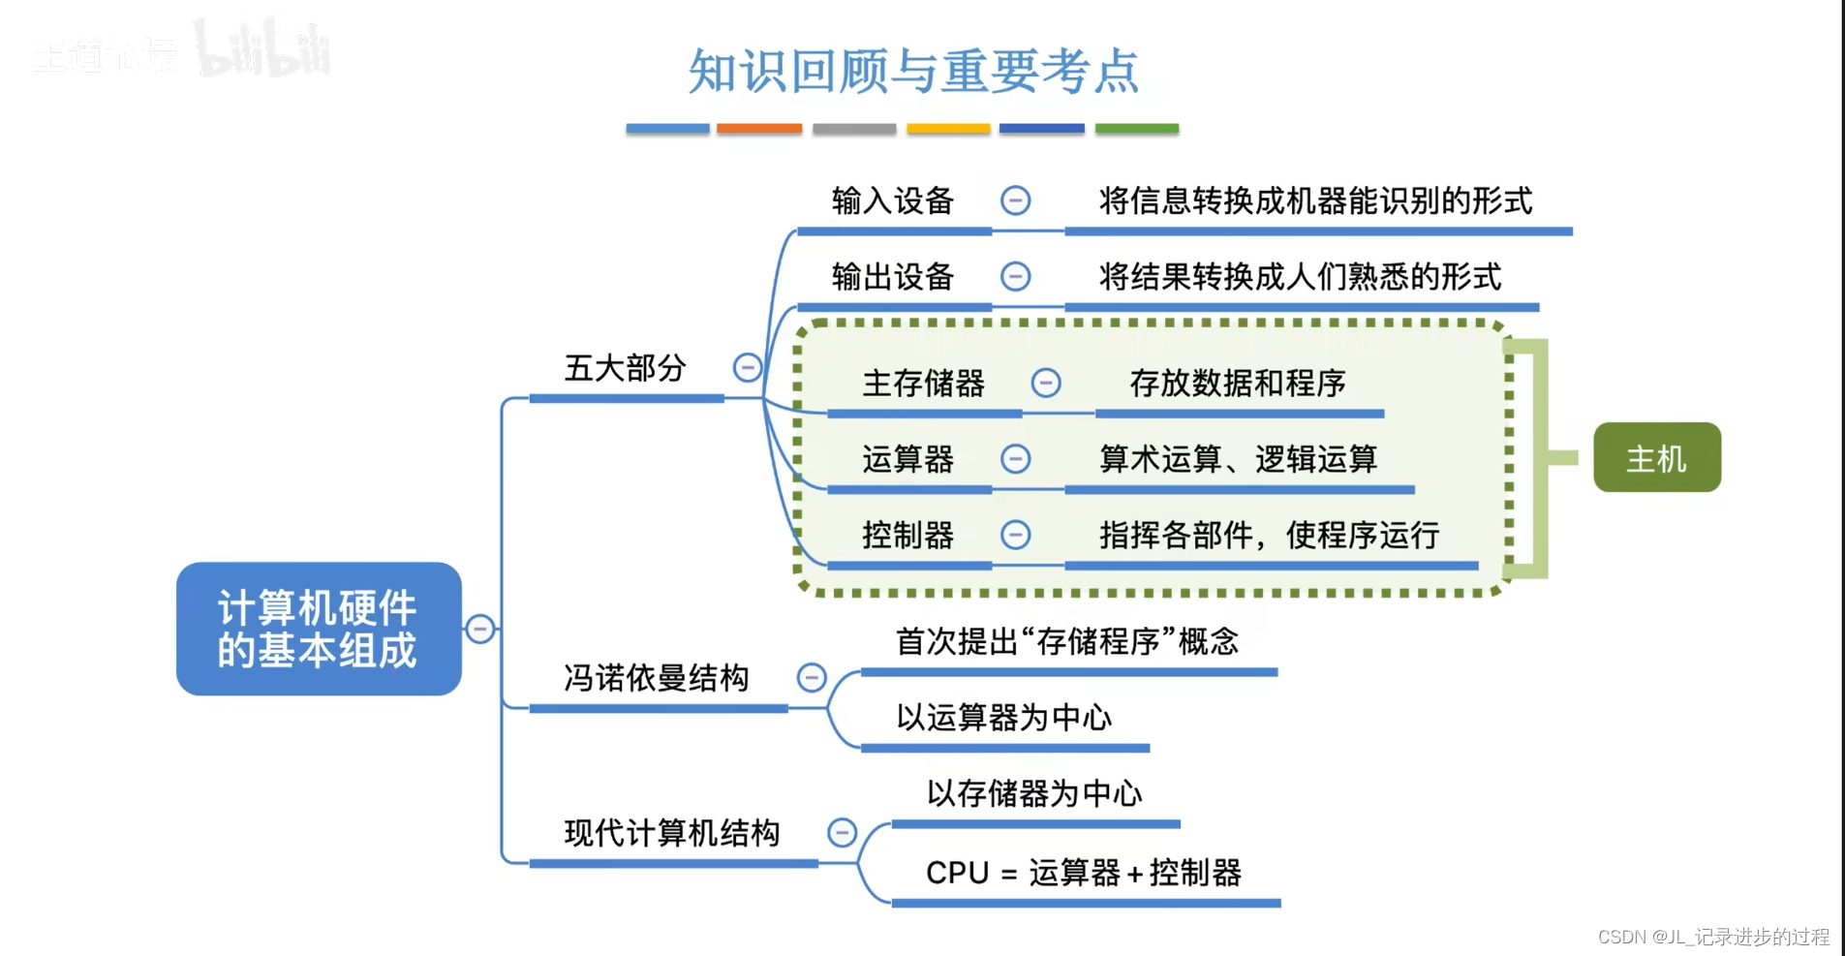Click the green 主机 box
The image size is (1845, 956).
tap(1656, 457)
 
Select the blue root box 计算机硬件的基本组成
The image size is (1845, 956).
tap(318, 629)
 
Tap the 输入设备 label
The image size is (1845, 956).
tap(892, 200)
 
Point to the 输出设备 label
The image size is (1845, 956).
tap(892, 277)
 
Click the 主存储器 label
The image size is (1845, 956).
tap(923, 384)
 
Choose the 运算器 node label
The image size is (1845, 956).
tap(907, 459)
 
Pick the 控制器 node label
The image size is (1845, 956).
tap(907, 535)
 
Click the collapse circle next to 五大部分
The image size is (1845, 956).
tap(747, 368)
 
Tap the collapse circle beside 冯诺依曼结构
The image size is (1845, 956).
tap(812, 677)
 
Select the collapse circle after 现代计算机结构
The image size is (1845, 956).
tap(842, 832)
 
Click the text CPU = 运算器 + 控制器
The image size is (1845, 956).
tap(1083, 873)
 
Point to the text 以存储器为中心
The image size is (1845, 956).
tap(1034, 793)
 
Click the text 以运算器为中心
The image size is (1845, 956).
tap(1003, 718)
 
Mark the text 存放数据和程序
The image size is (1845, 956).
tap(1237, 384)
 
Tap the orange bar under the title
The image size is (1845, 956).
tap(759, 128)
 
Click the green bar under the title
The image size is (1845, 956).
tap(1136, 128)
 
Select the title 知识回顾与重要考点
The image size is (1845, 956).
tap(913, 71)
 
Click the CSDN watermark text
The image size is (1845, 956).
tap(1712, 937)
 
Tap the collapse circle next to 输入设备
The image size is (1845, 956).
tap(1015, 200)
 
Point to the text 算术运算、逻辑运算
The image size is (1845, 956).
tap(1237, 459)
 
